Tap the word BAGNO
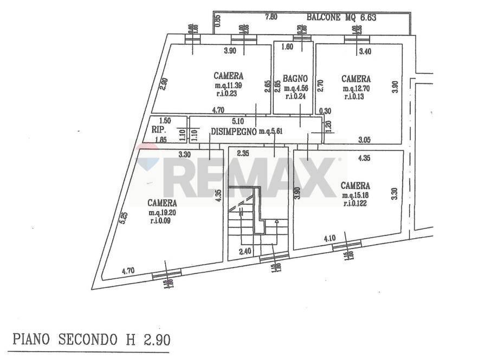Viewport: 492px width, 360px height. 296,78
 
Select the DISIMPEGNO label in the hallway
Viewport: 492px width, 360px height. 234,131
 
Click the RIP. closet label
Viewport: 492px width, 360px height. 158,130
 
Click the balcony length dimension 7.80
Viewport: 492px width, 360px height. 271,17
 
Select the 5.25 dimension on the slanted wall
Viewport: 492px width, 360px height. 124,218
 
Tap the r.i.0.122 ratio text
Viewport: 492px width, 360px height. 356,204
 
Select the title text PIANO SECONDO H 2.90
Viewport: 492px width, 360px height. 92,341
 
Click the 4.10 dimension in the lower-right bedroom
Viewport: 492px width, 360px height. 330,238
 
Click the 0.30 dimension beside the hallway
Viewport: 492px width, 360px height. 325,111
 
